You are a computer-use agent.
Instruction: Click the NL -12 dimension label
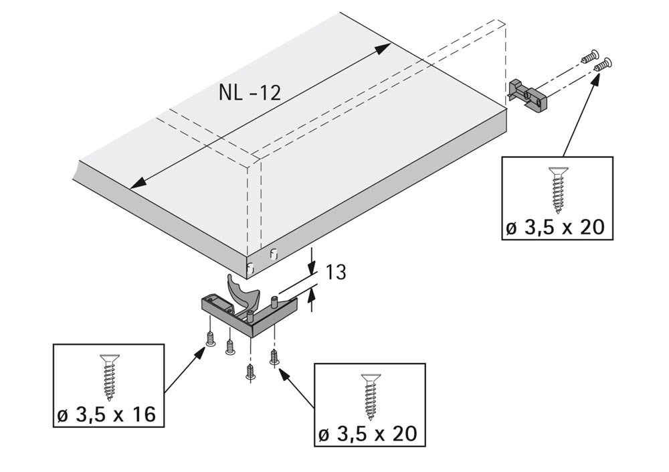coord(250,92)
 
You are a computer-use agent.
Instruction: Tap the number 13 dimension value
coord(336,272)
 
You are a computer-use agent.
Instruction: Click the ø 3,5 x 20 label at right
coord(555,228)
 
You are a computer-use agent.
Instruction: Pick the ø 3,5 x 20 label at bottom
coord(368,435)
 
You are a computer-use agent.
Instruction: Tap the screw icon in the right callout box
coord(559,190)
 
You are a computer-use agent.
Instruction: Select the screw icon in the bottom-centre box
coord(371,397)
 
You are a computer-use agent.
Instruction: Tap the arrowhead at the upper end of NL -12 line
coord(382,48)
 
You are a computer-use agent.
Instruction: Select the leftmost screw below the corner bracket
coord(209,339)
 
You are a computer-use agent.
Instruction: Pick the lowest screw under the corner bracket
coord(250,372)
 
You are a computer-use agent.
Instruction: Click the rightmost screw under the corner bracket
coord(274,357)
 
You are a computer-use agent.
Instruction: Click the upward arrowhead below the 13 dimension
coord(312,295)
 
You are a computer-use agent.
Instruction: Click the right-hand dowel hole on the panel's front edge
coord(273,253)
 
